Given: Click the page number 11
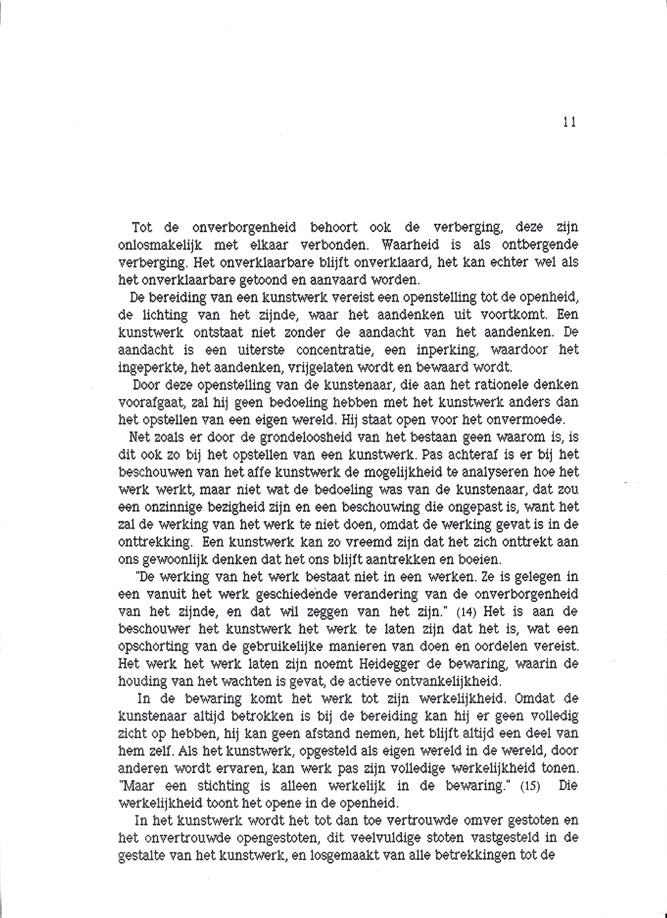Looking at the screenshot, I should [x=570, y=122].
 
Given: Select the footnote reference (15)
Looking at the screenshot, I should [x=530, y=786].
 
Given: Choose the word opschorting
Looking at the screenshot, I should [x=153, y=647].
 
